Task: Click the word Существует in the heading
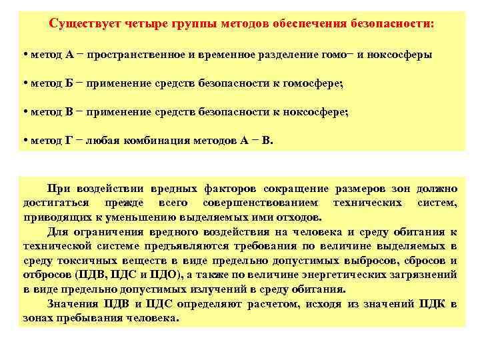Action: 82,23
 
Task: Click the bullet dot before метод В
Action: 24,113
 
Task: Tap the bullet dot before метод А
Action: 24,55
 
